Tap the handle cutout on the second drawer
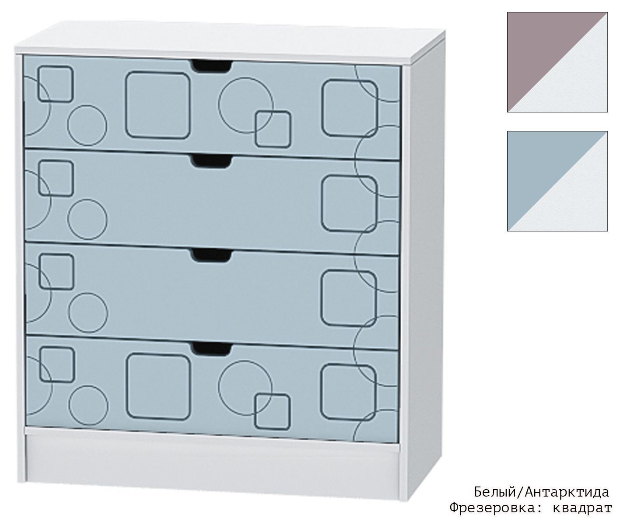point(211,161)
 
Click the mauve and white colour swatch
point(557,62)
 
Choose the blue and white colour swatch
point(557,181)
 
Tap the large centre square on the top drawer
point(158,105)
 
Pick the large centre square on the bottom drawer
point(158,387)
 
